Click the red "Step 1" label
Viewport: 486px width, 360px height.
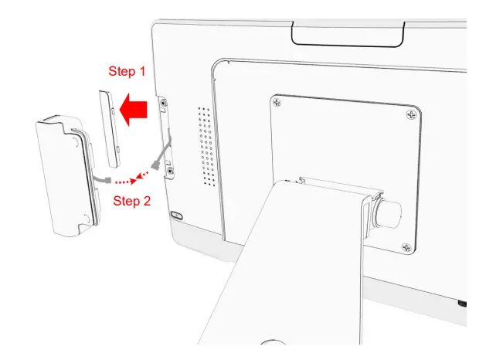click(x=126, y=72)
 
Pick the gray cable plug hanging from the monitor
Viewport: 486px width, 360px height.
click(x=160, y=165)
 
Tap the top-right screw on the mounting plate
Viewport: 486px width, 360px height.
click(x=410, y=114)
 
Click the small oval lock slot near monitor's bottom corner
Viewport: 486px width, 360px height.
click(x=176, y=216)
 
